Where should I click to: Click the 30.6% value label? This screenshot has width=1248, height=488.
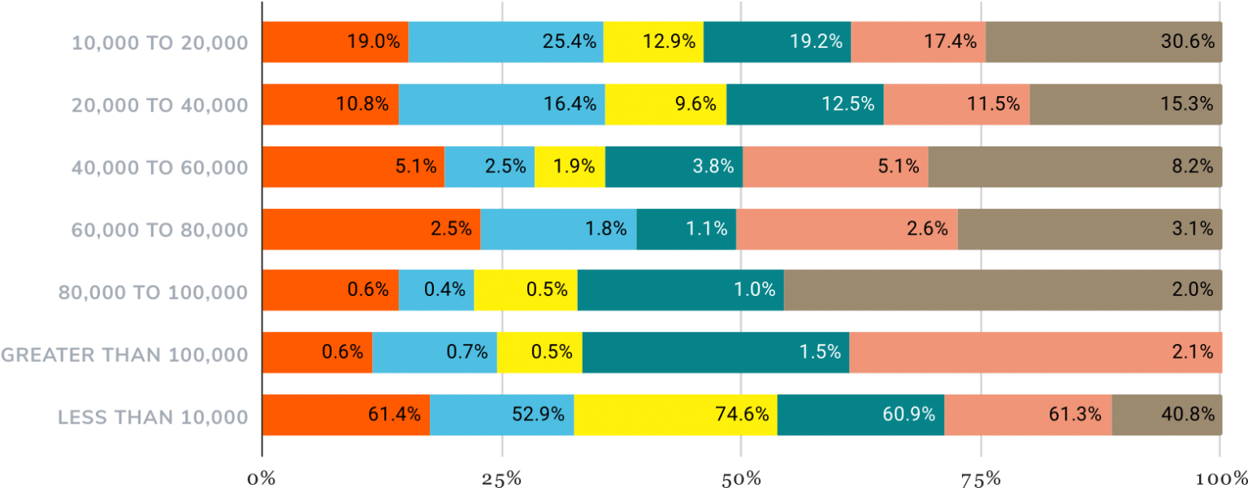1191,41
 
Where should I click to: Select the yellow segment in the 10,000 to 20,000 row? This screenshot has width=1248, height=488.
653,41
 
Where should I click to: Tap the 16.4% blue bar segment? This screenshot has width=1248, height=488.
501,104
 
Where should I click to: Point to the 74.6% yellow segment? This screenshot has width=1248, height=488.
675,415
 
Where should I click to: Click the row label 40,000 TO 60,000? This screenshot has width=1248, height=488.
159,168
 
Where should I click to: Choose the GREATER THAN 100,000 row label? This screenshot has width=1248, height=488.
124,354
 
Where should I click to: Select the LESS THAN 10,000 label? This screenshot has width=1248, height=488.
152,417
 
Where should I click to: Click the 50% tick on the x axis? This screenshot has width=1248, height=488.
741,477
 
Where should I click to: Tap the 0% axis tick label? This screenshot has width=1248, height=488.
262,477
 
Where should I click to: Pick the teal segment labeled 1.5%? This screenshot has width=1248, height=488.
715,352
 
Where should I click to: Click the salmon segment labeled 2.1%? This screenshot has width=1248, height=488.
1035,352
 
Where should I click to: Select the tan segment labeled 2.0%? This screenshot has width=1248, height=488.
1003,290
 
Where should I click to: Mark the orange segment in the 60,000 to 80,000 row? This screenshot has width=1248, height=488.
371,229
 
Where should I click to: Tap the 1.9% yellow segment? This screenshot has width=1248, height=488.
570,167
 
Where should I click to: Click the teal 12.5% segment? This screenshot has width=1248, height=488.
804,104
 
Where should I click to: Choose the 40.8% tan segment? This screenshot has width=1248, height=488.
1166,415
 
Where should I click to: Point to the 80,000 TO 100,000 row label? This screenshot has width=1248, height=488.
153,292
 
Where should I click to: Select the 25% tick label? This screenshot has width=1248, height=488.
501,477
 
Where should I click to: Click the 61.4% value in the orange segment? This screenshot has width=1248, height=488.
394,415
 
